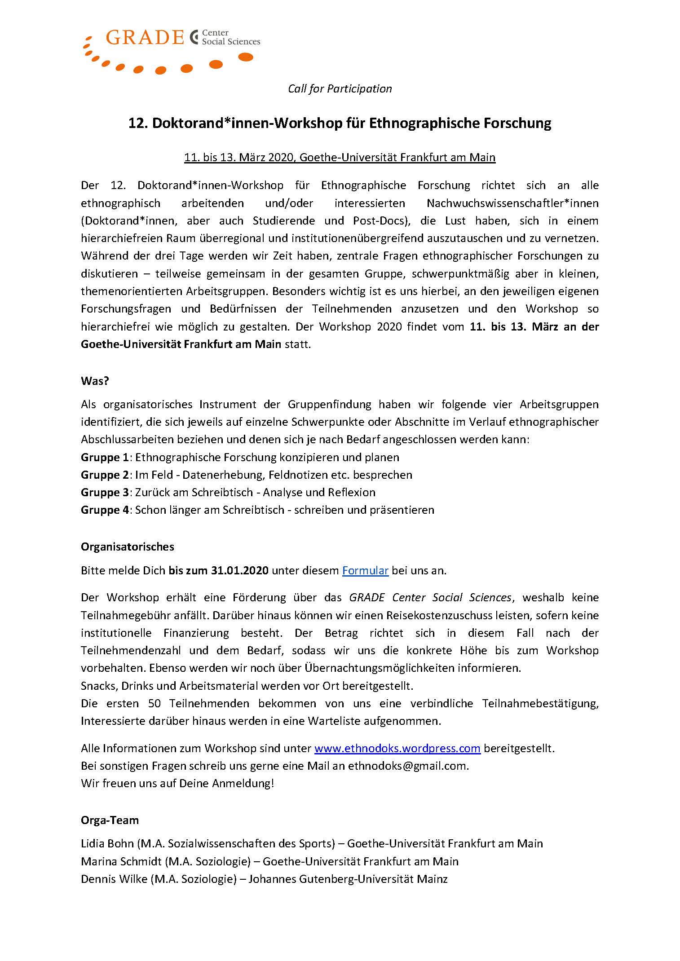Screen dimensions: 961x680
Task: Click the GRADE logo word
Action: coord(145,38)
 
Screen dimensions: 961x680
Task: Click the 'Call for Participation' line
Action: coord(340,88)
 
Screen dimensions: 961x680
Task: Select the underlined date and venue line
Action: coord(340,158)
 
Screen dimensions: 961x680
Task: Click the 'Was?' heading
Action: coord(95,381)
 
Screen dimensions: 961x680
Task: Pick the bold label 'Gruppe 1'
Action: coord(105,457)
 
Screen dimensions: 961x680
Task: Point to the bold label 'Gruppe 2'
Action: coord(105,475)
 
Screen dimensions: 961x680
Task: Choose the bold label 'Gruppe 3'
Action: coord(105,492)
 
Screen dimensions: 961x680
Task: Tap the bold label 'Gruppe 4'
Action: coord(105,510)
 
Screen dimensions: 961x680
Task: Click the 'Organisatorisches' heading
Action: coord(127,547)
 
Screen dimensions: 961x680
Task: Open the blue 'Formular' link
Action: coord(365,571)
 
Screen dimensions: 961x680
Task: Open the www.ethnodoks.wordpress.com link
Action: coord(397,748)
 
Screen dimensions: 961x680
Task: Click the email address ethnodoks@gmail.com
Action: coord(408,766)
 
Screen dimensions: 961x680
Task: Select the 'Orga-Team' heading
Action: coord(110,820)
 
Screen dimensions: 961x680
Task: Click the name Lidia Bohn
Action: coord(107,843)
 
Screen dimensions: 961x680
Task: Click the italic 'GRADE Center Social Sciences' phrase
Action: coord(430,598)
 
